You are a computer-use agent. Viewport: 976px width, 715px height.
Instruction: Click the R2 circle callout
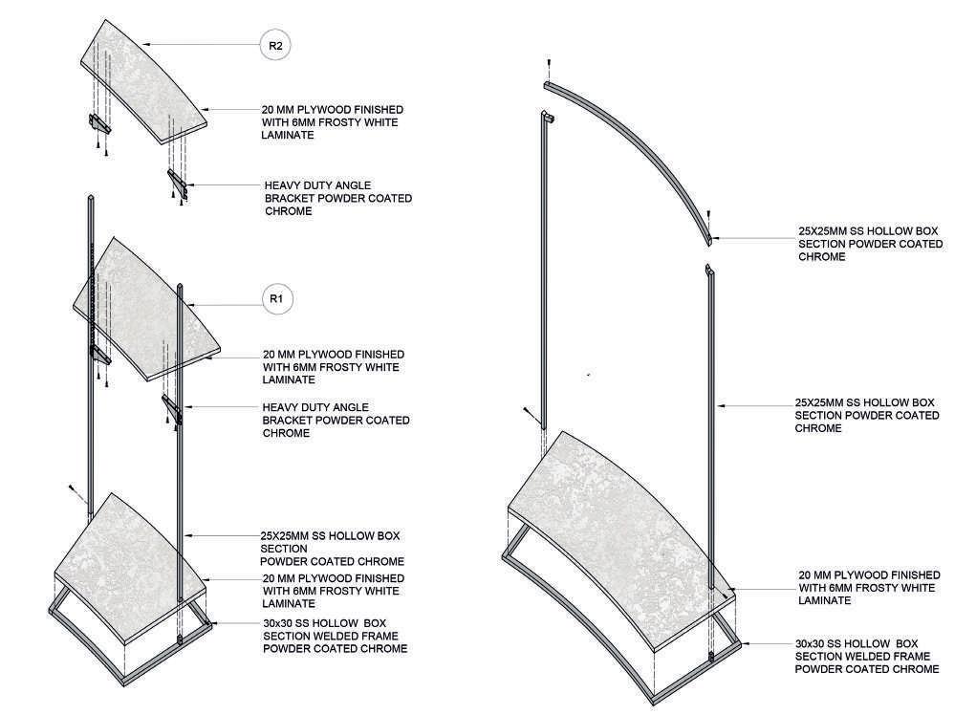tap(275, 45)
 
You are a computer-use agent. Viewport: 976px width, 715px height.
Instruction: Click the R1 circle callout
tap(276, 300)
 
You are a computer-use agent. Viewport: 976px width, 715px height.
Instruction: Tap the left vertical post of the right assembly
tap(543, 277)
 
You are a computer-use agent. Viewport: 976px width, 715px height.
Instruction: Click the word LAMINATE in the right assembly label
tap(824, 600)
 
